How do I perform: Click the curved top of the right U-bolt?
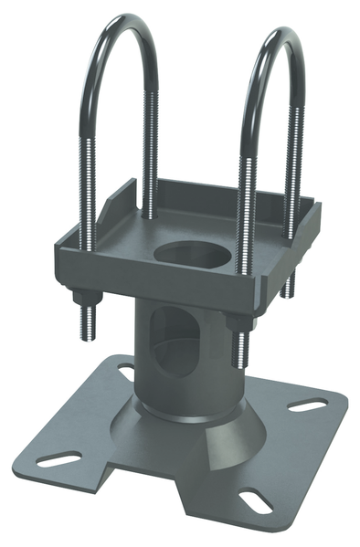pos(274,41)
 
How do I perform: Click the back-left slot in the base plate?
pos(123,370)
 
